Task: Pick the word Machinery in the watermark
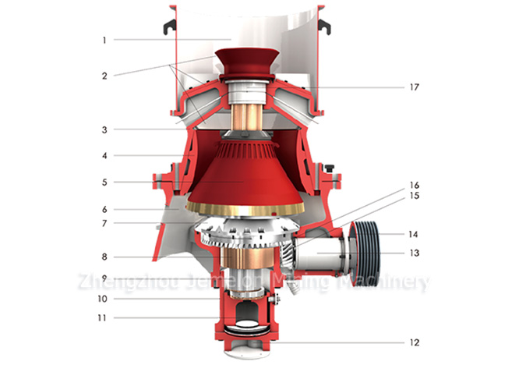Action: point(387,280)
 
